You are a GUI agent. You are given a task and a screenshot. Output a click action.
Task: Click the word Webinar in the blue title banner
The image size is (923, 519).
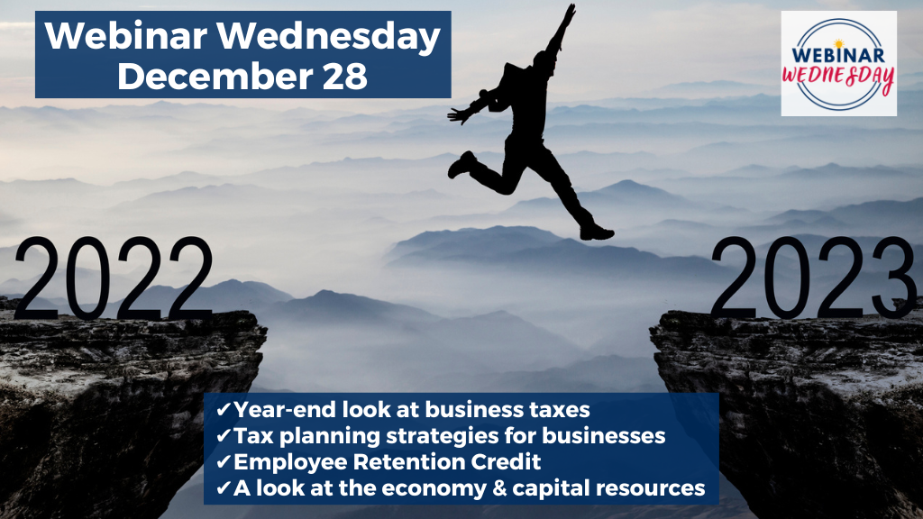126,36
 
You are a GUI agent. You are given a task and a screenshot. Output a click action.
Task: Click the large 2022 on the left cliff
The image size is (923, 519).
113,278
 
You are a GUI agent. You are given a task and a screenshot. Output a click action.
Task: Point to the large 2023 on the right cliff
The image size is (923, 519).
813,278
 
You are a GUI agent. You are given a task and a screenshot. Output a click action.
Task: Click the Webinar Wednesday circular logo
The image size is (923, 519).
839,64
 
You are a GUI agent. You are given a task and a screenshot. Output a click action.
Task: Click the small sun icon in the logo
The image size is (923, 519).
839,44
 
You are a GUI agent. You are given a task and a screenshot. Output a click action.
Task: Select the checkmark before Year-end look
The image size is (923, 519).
224,410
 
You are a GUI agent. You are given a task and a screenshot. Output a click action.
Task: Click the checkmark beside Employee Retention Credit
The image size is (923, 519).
224,462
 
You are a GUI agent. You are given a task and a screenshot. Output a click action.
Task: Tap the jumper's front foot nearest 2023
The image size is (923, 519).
597,232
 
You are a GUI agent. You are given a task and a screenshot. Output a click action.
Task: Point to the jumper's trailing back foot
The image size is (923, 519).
461,164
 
